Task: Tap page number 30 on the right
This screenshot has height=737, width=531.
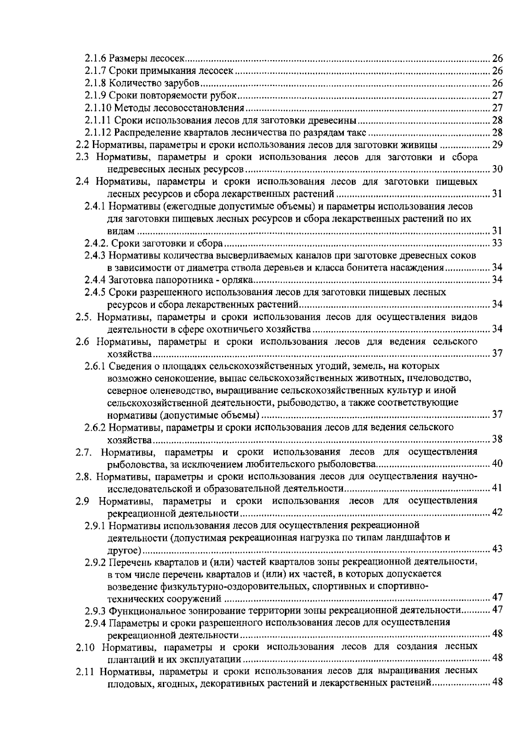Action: click(x=497, y=169)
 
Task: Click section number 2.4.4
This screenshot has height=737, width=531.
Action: click(x=96, y=280)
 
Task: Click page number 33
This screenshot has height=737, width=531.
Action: click(x=497, y=243)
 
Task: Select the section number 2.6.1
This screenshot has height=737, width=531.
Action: click(x=96, y=366)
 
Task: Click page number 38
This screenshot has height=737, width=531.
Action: click(x=497, y=439)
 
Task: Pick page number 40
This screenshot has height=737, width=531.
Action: click(x=497, y=464)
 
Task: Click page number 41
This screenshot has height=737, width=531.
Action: click(x=497, y=488)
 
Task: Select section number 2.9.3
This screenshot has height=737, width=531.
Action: click(x=96, y=610)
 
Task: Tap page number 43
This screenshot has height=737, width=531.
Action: click(x=497, y=549)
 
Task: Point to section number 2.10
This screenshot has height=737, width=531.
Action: click(x=85, y=647)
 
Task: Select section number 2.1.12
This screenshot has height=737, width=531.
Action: click(x=98, y=132)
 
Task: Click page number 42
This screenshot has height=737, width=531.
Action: click(x=497, y=513)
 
